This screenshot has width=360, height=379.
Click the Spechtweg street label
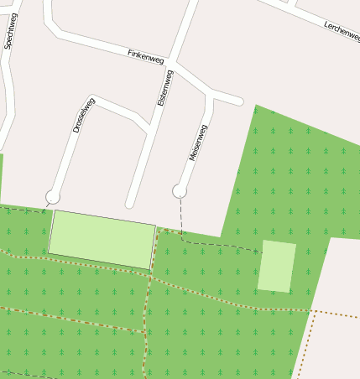(10, 32)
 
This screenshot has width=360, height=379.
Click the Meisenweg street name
(198, 143)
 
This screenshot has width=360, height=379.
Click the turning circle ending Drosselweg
(53, 197)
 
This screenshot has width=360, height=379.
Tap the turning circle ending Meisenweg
(179, 191)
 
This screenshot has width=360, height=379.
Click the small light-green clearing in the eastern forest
(276, 266)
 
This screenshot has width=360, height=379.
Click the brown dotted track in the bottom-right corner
(304, 344)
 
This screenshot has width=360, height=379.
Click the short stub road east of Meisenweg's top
(228, 100)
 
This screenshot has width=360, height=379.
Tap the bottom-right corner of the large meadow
(150, 269)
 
